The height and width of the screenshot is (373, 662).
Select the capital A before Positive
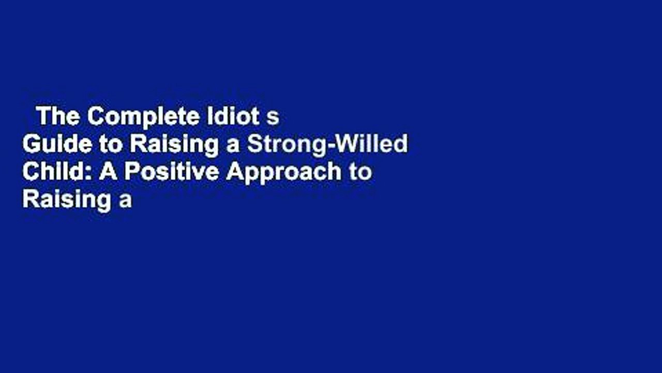[108, 172]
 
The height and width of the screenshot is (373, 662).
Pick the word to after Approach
[360, 173]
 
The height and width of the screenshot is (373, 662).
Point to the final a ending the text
[126, 202]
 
